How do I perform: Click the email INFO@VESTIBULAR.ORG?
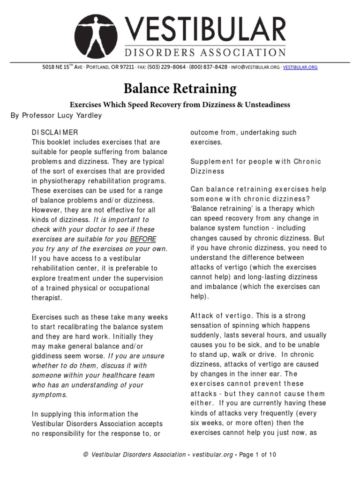click(x=255, y=67)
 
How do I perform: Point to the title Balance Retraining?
click(x=180, y=88)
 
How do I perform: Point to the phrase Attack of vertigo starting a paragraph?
click(x=215, y=315)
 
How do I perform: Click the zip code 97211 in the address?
click(x=127, y=67)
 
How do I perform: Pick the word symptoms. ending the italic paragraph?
click(x=50, y=395)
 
